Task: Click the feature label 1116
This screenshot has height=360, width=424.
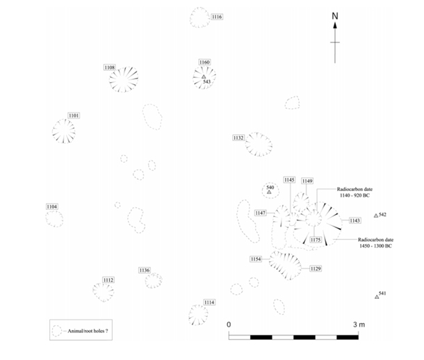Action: (x=217, y=17)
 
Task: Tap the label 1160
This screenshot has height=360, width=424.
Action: (x=204, y=63)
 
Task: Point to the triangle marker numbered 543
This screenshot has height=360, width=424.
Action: (x=204, y=77)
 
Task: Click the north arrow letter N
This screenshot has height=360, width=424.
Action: (x=334, y=16)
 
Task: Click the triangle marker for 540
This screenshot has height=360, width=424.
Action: (x=270, y=192)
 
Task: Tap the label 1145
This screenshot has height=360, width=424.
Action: (x=290, y=180)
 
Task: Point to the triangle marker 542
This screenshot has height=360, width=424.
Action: (x=376, y=216)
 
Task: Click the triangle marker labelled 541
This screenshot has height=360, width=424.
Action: (x=376, y=297)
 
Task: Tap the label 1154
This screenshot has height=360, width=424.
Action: (x=256, y=259)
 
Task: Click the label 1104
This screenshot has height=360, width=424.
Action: (x=52, y=207)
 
